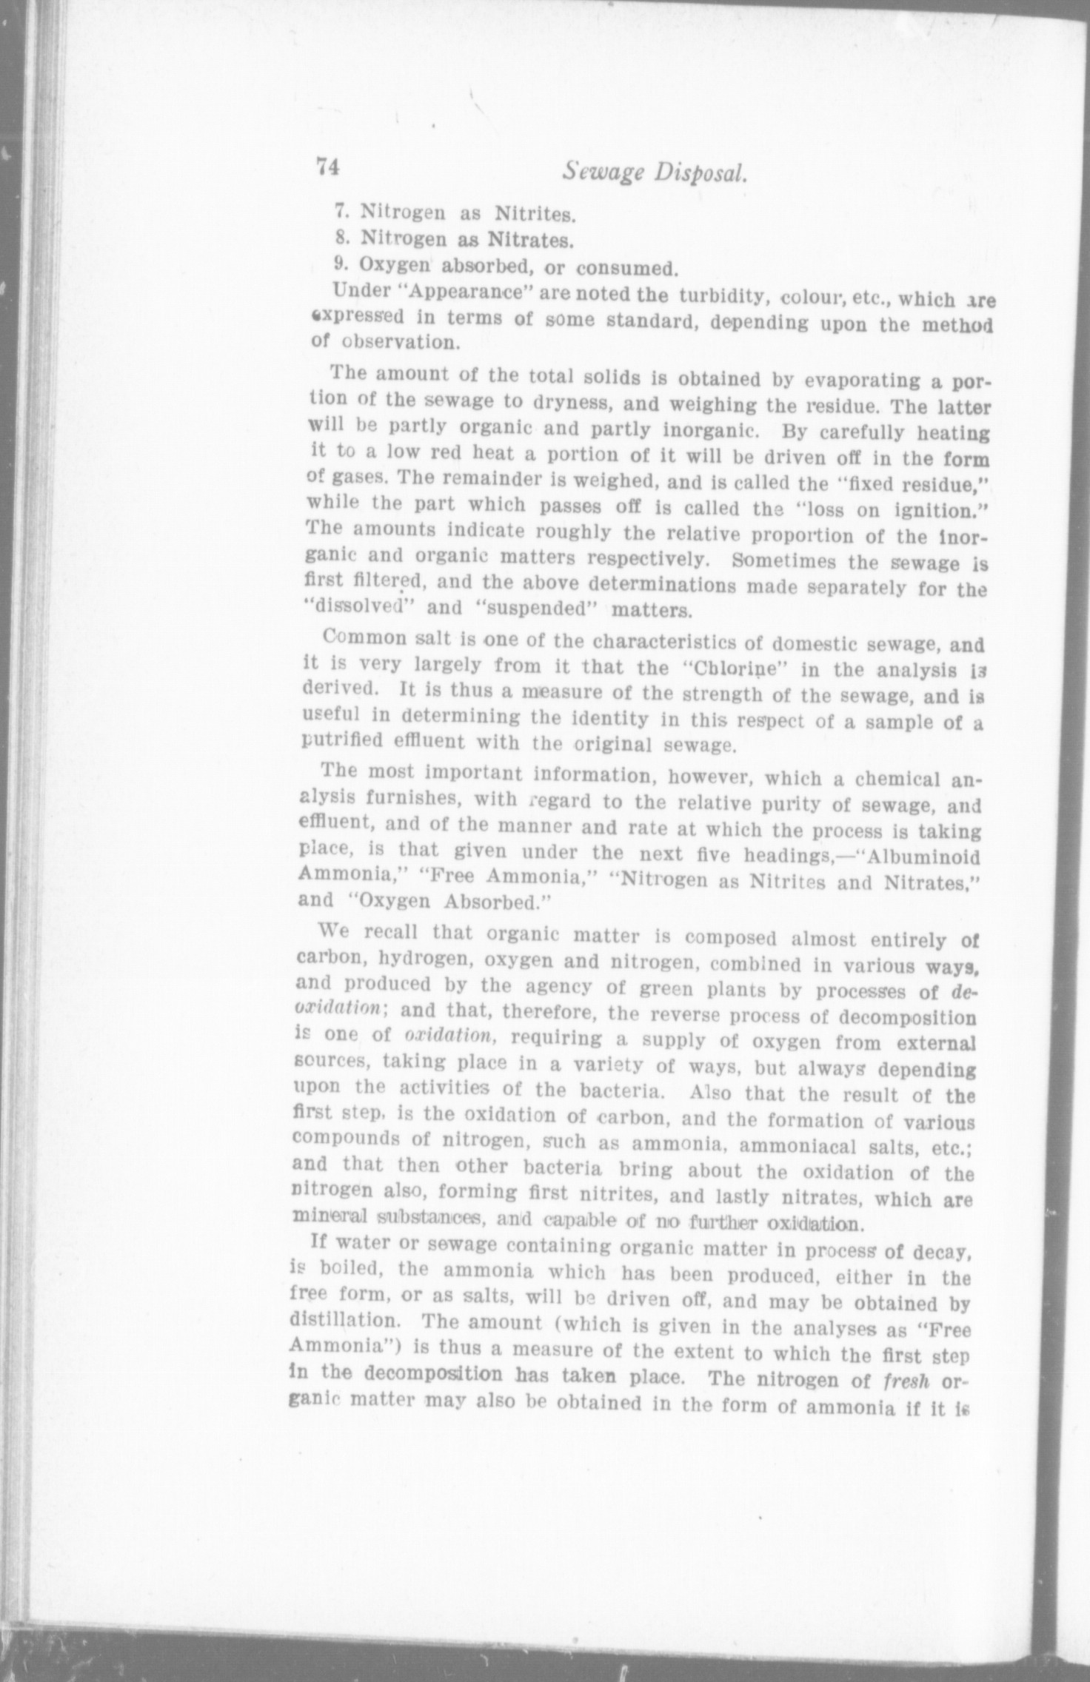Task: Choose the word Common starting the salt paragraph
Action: [x=359, y=637]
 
